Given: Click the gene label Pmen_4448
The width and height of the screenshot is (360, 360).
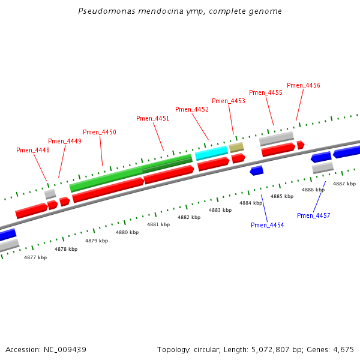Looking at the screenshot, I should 33,150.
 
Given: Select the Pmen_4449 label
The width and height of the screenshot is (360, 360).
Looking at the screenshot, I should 65,141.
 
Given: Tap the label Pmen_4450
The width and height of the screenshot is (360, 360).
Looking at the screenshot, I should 100,132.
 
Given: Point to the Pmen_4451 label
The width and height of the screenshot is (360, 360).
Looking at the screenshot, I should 153,118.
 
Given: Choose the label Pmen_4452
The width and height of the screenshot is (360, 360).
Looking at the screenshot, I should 192,109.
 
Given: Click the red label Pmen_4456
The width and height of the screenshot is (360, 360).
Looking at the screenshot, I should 304,85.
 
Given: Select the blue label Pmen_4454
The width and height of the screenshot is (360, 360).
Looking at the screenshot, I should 268,225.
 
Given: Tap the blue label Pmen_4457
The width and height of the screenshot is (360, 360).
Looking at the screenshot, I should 314,215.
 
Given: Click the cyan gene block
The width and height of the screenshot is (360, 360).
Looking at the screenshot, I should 211,152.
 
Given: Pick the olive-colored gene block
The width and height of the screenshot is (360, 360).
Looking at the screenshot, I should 236,147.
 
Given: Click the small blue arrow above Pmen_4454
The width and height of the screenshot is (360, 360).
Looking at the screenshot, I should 257,171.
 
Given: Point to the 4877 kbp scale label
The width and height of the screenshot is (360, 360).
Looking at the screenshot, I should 35,257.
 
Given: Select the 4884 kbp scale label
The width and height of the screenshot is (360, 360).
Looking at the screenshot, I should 251,203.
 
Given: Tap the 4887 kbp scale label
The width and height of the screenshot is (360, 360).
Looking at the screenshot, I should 344,184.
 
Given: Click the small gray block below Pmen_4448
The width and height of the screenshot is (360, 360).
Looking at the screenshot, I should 50,194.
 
